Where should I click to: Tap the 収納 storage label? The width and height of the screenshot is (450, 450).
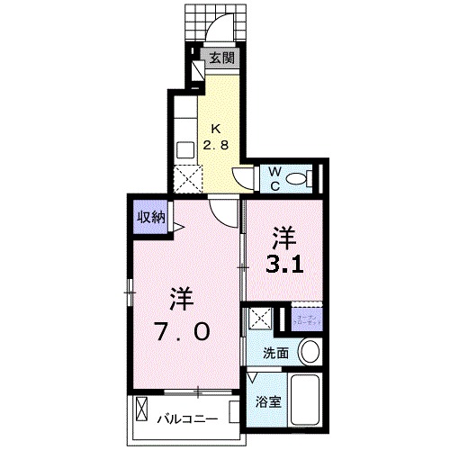pos(150,217)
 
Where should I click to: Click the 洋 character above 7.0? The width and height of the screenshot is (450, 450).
pos(182,297)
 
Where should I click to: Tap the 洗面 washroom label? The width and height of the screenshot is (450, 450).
pos(275,354)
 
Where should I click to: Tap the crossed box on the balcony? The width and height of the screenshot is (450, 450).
pos(141,411)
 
